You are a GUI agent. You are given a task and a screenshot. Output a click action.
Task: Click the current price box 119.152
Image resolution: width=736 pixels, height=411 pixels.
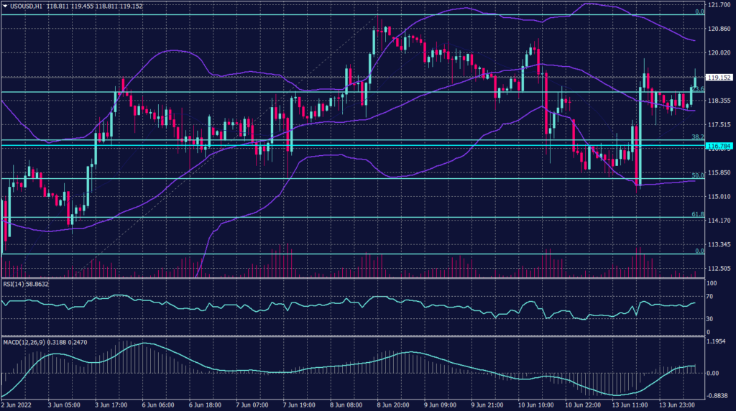(719, 78)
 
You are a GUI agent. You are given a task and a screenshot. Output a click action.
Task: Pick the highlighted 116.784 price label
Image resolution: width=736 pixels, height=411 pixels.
(719, 147)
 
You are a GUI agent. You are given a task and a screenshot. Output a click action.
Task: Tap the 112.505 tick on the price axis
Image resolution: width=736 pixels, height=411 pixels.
(718, 268)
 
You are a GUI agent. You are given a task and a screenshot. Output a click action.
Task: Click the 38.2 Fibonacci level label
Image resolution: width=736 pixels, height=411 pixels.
(696, 137)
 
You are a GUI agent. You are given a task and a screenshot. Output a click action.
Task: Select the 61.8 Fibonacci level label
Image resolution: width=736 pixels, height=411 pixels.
(696, 214)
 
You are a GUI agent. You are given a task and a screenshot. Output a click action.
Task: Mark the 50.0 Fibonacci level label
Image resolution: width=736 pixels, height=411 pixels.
(696, 175)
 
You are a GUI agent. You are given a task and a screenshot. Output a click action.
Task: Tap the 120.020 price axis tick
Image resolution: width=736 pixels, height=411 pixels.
(718, 52)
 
